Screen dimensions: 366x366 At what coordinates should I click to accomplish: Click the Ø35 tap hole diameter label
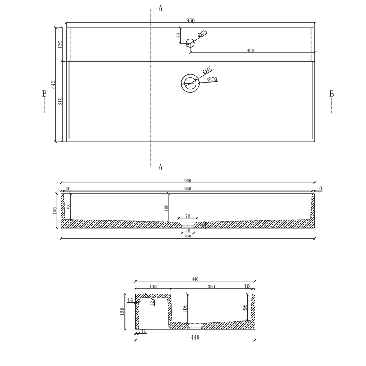[203, 34]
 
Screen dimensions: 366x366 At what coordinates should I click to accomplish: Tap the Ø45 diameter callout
[207, 71]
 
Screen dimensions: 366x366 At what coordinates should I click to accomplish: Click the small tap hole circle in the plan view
[190, 43]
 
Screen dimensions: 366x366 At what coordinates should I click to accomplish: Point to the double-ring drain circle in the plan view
[190, 83]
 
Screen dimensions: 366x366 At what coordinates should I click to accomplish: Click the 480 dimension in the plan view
[251, 50]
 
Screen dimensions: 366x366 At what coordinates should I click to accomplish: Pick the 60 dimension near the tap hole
[178, 35]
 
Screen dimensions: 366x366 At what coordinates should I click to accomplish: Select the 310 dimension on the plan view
[59, 101]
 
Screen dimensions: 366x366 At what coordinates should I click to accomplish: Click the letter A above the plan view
[161, 9]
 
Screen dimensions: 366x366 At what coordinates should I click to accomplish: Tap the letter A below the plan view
[161, 167]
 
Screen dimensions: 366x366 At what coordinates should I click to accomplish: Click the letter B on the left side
[44, 94]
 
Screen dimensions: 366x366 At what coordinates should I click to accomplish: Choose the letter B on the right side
[331, 94]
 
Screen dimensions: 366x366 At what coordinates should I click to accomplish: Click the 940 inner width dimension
[187, 189]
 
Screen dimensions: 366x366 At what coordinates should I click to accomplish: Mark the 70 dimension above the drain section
[188, 216]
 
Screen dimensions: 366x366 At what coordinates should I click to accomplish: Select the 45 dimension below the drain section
[187, 231]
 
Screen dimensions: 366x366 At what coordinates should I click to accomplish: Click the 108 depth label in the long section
[166, 208]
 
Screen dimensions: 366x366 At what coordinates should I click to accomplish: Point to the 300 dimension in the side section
[211, 287]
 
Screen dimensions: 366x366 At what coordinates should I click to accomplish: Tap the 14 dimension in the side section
[130, 300]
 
